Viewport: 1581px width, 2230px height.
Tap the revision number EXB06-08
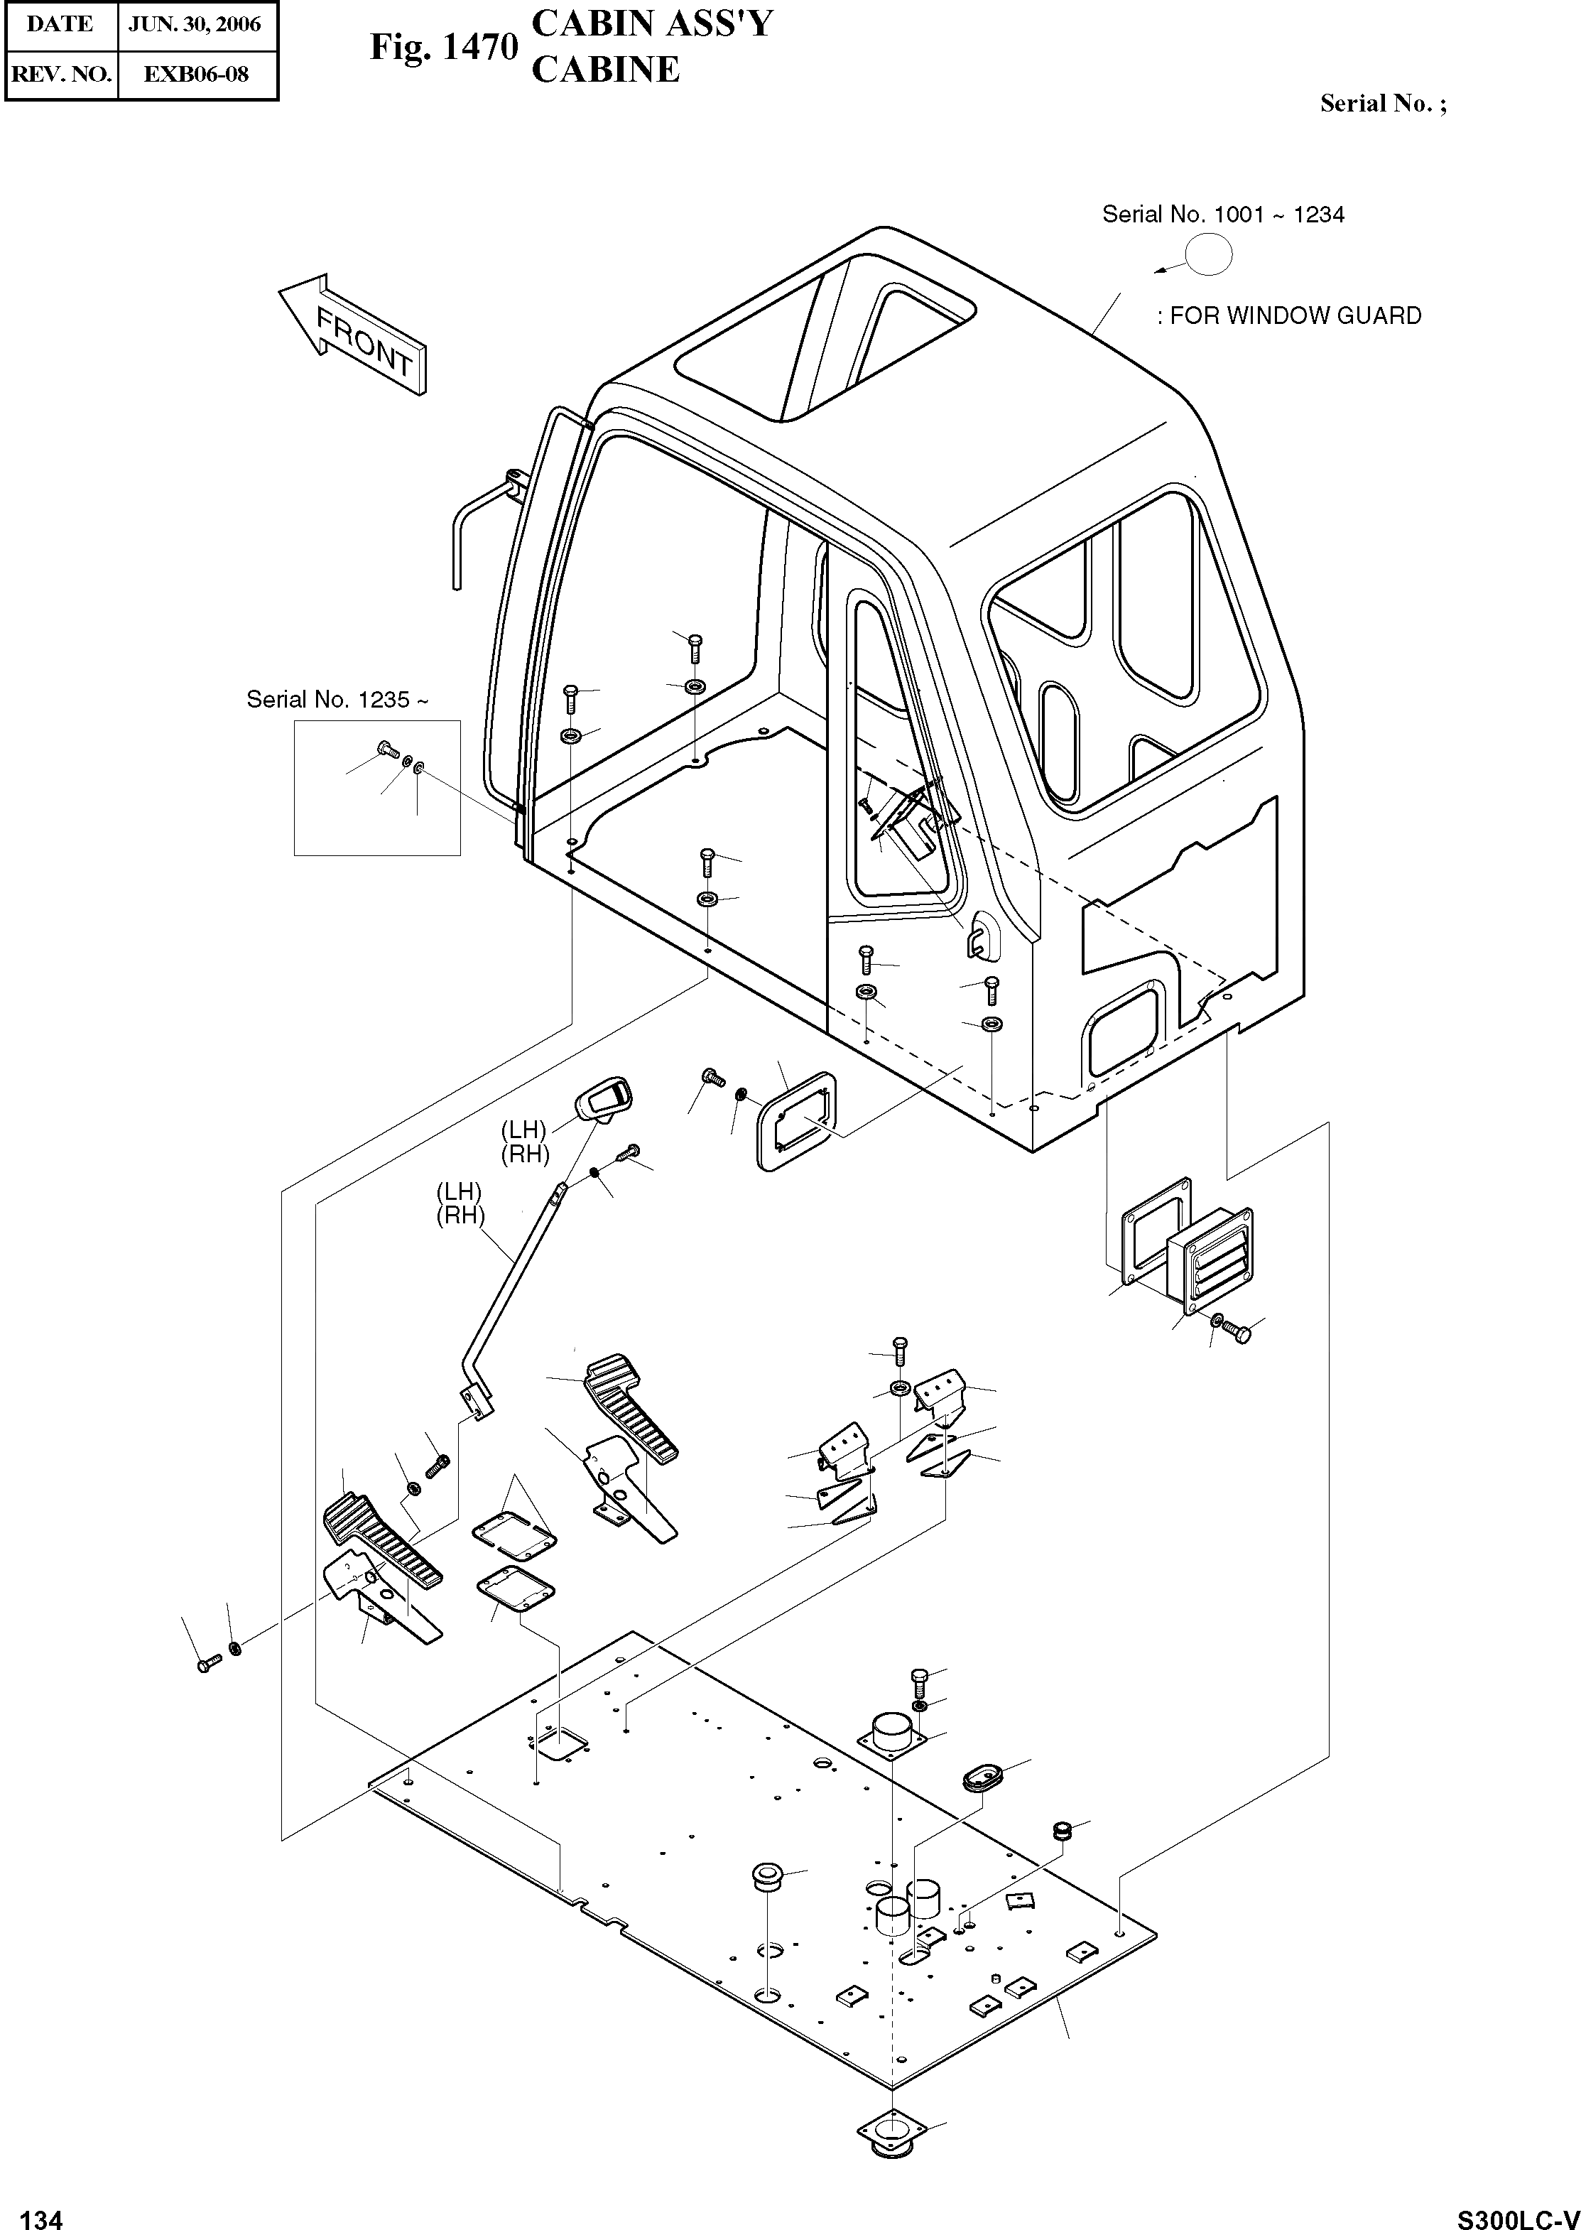(x=196, y=73)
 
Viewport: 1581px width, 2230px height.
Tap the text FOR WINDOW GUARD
(x=1295, y=315)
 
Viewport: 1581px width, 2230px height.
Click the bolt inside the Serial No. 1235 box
(x=386, y=749)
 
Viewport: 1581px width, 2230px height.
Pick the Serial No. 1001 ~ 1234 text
(x=1223, y=215)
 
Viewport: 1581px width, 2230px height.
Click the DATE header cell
(x=60, y=24)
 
